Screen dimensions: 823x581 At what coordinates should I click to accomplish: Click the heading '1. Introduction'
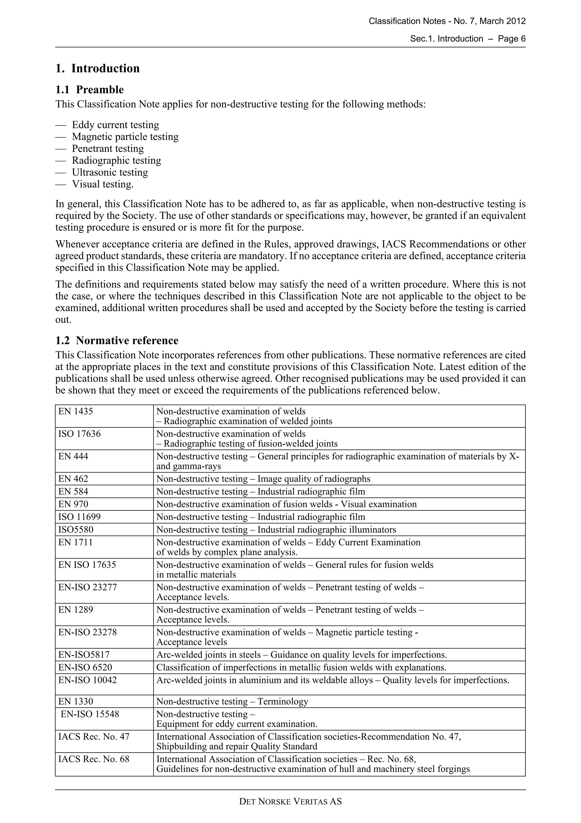[97, 68]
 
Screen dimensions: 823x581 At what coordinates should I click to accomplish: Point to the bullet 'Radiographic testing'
[116, 160]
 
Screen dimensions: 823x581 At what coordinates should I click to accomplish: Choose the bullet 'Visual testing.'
[103, 184]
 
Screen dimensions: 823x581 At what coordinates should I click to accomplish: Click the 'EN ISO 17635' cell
[87, 565]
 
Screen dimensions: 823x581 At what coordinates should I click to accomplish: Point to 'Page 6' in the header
[511, 39]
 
